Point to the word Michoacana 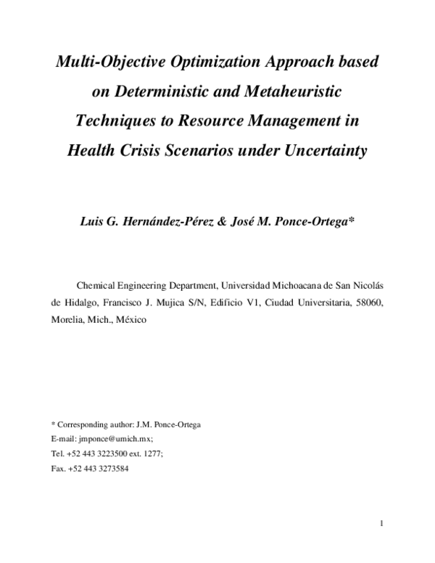[x=295, y=285]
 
